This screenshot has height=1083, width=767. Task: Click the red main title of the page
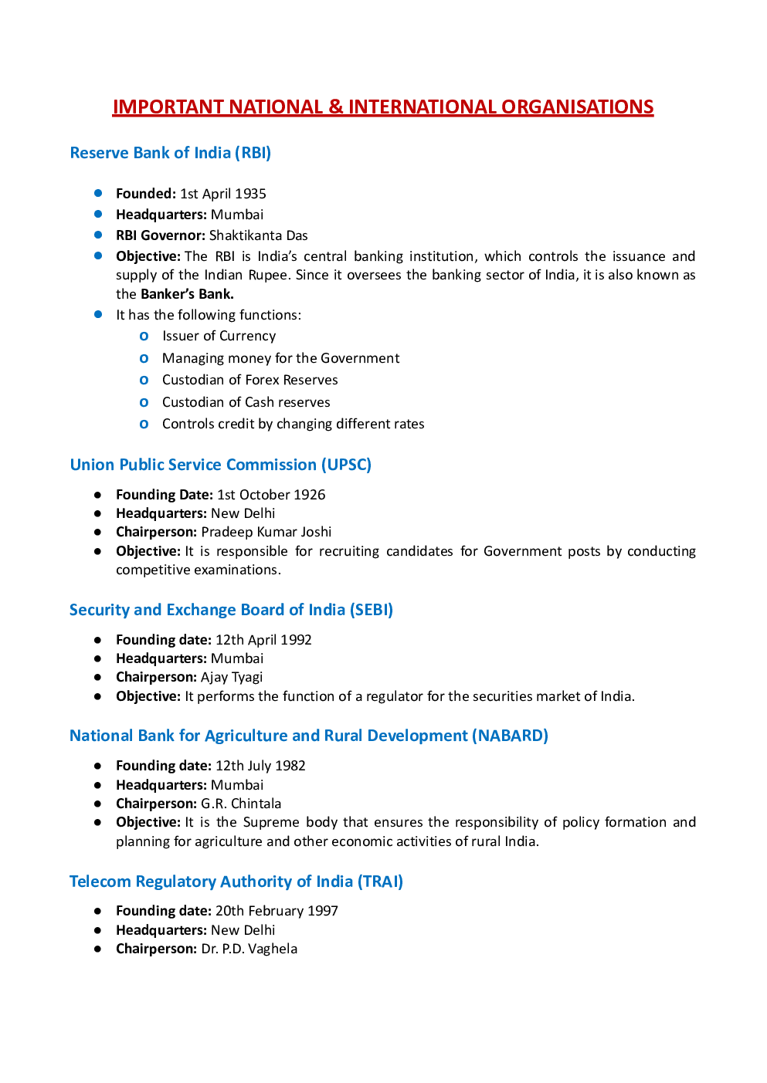[383, 107]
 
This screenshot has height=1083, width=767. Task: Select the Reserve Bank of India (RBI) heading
[170, 153]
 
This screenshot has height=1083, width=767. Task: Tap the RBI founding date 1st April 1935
[222, 194]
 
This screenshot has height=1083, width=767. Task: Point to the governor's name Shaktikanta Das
[258, 235]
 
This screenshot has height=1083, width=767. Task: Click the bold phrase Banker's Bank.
[187, 294]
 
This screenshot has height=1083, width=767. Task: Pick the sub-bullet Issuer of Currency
[219, 336]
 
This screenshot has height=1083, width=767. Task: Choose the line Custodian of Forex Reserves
[249, 380]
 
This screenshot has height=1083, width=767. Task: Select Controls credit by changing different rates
[293, 424]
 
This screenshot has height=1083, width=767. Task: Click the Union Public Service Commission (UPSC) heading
[220, 465]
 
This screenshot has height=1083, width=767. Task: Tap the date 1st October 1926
[270, 495]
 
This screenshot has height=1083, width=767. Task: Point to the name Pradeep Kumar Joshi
[266, 532]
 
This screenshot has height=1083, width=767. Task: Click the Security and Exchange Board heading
[231, 610]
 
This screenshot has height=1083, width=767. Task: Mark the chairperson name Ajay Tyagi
[231, 677]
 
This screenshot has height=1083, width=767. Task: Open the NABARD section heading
[308, 736]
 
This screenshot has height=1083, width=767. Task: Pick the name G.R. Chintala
[241, 804]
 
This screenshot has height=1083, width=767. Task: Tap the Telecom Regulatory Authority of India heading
[236, 882]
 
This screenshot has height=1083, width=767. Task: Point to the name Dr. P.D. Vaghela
[249, 949]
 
